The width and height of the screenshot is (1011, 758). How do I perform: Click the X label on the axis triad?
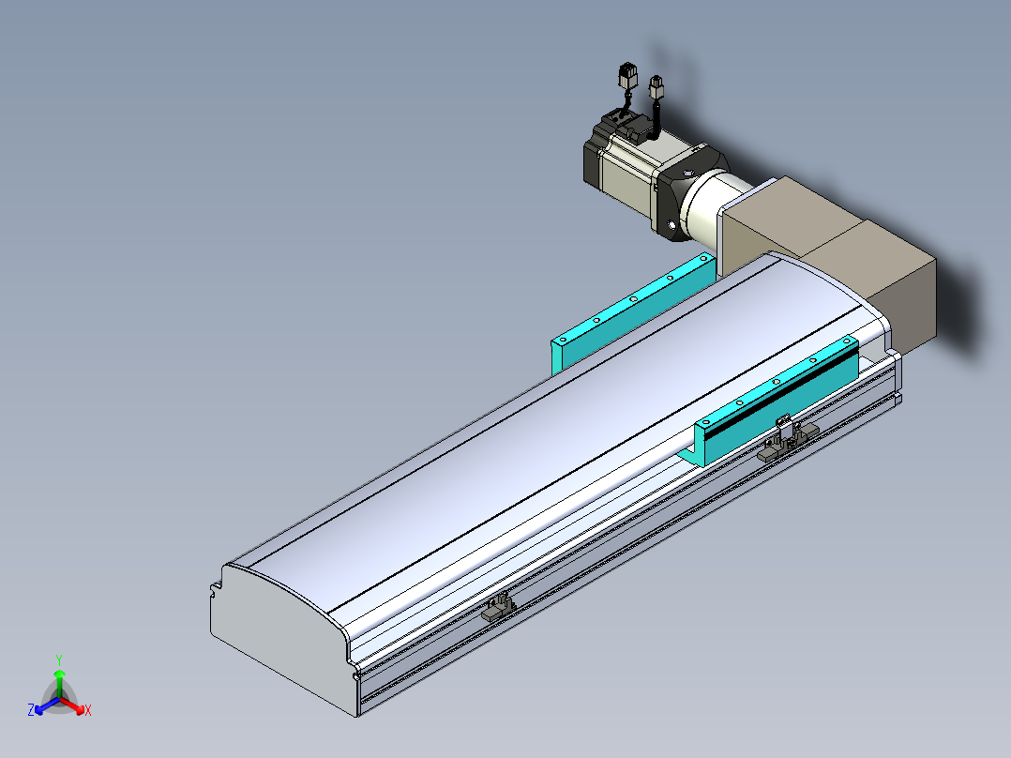pyautogui.click(x=88, y=710)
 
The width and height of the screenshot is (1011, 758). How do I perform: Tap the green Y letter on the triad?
pyautogui.click(x=59, y=659)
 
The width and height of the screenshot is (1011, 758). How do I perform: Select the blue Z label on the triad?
pyautogui.click(x=31, y=709)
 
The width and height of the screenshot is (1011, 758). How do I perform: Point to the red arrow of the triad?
pyautogui.click(x=72, y=705)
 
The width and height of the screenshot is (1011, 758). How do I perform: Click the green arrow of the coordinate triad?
pyautogui.click(x=59, y=684)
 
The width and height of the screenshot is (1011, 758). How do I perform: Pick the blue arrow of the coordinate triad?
pyautogui.click(x=47, y=705)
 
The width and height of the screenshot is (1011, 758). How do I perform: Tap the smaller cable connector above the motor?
pyautogui.click(x=656, y=86)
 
